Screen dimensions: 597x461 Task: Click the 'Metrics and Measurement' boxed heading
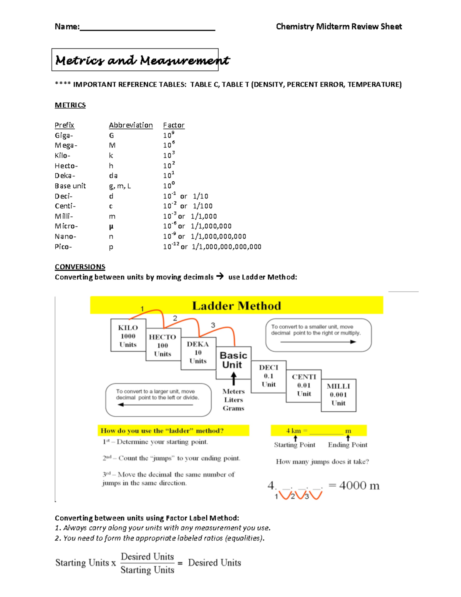[x=135, y=60]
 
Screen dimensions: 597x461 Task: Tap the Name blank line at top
[x=147, y=28]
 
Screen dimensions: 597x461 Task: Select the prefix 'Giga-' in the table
[x=64, y=135]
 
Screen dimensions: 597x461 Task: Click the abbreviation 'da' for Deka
[x=113, y=176]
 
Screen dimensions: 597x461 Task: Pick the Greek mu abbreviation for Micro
[x=111, y=226]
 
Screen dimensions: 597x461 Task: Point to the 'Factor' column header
[x=174, y=125]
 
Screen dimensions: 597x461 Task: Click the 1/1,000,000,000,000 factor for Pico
[x=226, y=247]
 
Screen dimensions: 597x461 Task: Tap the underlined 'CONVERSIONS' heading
[x=80, y=267]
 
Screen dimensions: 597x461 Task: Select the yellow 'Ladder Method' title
[x=236, y=306]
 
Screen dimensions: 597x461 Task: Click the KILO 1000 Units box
[x=128, y=336]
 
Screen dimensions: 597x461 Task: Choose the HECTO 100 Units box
[x=163, y=345]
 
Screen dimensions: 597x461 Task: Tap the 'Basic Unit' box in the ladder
[x=233, y=360]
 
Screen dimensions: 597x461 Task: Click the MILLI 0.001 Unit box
[x=338, y=395]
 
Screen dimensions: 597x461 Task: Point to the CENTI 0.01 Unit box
[x=304, y=385]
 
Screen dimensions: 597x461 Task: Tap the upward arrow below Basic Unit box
[x=234, y=379]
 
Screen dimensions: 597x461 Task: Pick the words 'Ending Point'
[x=348, y=445]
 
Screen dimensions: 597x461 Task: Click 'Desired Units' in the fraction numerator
[x=147, y=557]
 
